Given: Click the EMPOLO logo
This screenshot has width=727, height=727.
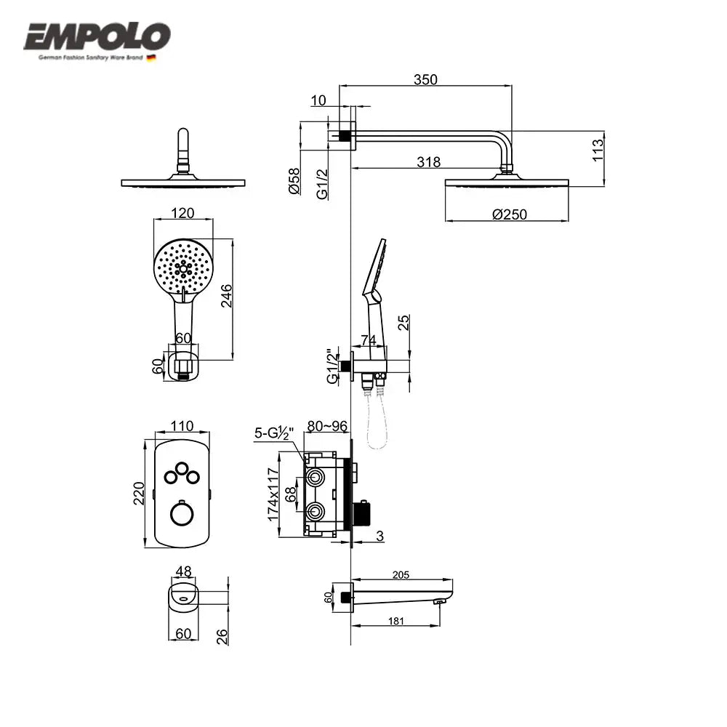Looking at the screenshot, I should click(x=97, y=36).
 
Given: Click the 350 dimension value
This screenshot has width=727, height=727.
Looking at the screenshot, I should click(x=425, y=80).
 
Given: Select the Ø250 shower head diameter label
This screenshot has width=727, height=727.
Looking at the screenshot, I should click(x=508, y=214).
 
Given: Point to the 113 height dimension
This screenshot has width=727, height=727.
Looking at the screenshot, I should click(x=598, y=150).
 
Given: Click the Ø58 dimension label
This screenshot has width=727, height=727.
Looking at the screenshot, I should click(x=294, y=180).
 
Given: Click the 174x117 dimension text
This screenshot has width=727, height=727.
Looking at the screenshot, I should click(x=273, y=494).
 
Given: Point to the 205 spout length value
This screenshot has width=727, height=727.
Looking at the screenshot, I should click(x=400, y=574).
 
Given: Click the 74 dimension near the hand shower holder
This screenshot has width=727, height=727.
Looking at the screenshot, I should click(x=368, y=340).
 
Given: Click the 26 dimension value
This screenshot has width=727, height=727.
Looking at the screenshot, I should click(x=223, y=636).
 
